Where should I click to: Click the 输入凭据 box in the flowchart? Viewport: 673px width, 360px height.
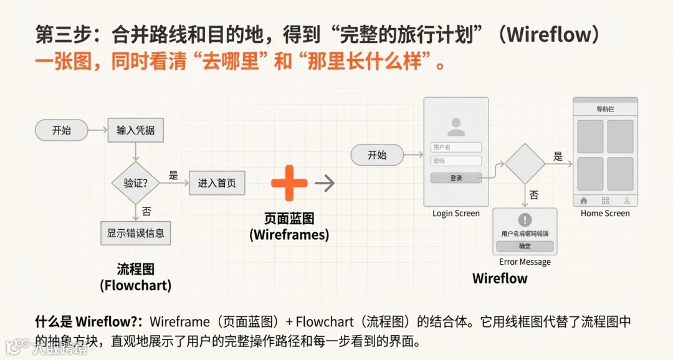coord(135,131)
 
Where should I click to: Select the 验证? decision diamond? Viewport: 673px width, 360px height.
coord(136,183)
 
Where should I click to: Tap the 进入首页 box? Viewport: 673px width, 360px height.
coord(217,183)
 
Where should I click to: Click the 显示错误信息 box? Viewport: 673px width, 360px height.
coord(135,233)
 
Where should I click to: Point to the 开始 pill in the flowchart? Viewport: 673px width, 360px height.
coord(61,131)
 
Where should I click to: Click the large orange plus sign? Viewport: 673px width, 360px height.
coord(289,183)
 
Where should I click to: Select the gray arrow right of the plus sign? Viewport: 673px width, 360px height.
coord(325,183)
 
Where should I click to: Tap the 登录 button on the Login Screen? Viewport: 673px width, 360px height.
coord(456,178)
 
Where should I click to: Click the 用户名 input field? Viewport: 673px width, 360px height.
coord(456,147)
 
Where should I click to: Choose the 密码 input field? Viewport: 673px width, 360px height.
coord(456,161)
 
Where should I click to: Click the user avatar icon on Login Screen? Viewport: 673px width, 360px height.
coord(456,127)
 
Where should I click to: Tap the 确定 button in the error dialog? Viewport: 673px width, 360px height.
coord(525,246)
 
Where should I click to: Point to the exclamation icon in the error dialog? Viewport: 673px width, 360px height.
coord(525,220)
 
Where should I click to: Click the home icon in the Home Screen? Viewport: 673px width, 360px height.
coord(584,201)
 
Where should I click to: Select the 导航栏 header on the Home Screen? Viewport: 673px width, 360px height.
coord(605,109)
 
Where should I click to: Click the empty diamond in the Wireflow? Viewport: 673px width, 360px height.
coord(525,164)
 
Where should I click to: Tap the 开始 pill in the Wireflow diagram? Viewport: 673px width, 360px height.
coord(376,155)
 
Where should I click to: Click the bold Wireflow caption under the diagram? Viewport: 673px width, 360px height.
coord(500,278)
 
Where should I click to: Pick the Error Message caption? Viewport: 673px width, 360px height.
coord(525,262)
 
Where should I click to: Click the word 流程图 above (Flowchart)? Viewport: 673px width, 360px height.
coord(135,269)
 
